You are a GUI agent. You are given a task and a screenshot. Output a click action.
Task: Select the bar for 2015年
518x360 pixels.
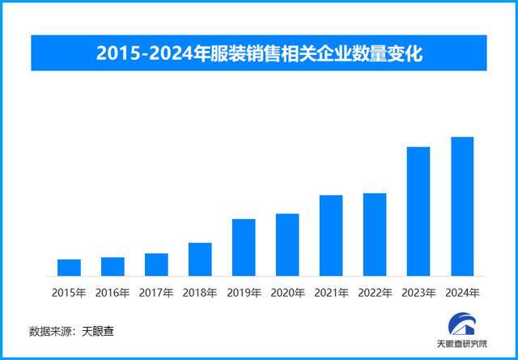point(69,268)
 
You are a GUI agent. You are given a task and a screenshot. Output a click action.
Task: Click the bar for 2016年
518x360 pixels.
point(113,267)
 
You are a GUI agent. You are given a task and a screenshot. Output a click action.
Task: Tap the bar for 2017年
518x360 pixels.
point(156,265)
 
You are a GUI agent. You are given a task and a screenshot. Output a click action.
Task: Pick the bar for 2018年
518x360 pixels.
point(200,260)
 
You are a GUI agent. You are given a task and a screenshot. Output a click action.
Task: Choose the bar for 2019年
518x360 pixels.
point(244,248)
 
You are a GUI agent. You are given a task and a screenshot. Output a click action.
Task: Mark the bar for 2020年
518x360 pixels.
point(287,245)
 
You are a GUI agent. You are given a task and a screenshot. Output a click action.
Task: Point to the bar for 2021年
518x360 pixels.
point(331,235)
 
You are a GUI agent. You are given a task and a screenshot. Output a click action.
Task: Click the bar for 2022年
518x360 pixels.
point(375,235)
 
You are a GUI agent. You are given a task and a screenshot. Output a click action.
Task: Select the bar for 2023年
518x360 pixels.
point(418,211)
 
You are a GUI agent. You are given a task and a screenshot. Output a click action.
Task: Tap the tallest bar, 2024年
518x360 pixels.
point(462,206)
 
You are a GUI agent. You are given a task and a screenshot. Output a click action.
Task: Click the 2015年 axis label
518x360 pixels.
point(69,292)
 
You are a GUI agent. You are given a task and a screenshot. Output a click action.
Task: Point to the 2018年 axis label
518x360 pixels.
point(200,292)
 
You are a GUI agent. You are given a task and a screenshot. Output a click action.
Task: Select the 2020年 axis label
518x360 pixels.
point(287,292)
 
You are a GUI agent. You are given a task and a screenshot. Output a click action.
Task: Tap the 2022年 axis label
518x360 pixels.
point(375,292)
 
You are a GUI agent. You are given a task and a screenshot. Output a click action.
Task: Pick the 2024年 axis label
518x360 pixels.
point(462,292)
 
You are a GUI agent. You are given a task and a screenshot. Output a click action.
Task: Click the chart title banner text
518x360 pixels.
point(260,53)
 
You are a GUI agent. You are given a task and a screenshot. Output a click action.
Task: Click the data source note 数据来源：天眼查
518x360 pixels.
point(74,332)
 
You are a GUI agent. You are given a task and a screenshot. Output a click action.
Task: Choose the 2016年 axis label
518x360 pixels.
point(113,292)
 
